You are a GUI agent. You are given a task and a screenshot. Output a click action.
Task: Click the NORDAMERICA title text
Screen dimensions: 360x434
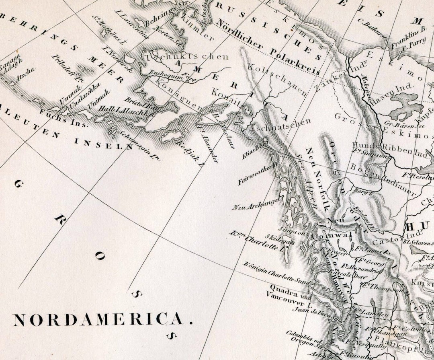[103, 320]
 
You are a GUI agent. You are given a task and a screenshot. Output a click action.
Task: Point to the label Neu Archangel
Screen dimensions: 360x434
[256, 203]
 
